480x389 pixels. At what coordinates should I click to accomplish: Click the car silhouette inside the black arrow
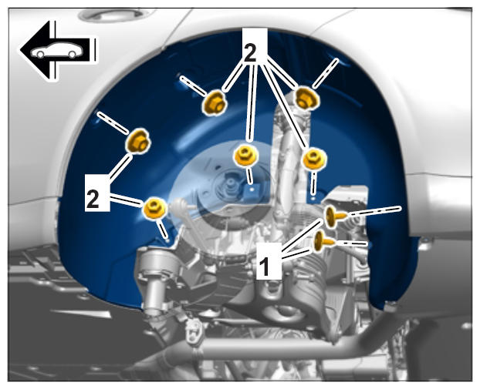(x=57, y=50)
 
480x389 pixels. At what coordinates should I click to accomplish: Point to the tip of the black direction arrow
(x=20, y=50)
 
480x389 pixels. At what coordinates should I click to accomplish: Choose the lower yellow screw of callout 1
(x=323, y=241)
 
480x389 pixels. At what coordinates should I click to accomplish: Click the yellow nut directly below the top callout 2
(x=245, y=156)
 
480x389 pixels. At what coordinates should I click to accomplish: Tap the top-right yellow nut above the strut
(x=307, y=98)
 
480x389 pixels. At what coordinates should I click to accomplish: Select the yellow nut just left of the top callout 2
(x=215, y=102)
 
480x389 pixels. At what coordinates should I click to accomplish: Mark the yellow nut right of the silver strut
(x=314, y=159)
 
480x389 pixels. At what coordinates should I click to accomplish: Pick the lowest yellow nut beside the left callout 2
(x=154, y=208)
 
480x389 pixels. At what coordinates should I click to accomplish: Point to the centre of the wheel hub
(x=230, y=185)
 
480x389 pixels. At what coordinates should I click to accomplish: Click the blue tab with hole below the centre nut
(x=252, y=191)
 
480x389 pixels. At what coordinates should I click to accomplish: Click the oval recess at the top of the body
(x=112, y=15)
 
